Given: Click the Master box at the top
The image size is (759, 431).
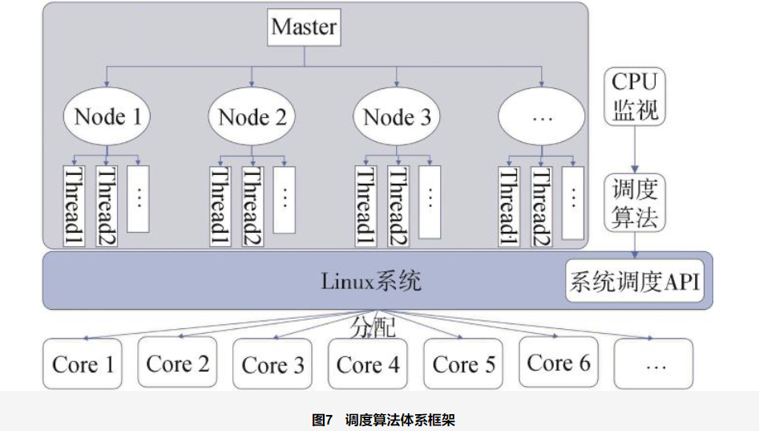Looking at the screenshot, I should coord(304,26).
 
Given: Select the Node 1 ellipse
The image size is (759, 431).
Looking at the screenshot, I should coord(107,118).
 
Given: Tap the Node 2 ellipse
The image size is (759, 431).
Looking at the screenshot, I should coord(252,118).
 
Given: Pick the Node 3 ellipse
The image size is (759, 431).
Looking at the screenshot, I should coord(397,118).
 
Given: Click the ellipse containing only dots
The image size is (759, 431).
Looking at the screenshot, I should coord(542,118).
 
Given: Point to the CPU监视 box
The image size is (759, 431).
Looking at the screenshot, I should coord(635,96).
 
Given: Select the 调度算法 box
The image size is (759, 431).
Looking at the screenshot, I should coord(635,203).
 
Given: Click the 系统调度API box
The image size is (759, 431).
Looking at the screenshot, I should coord(635,283).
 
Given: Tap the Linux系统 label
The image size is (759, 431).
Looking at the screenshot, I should coord(371,282).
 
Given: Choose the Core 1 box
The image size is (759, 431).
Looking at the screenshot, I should coord(83,364).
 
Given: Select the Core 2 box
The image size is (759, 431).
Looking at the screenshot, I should coord(177,364).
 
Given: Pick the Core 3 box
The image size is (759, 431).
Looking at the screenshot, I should coord(273,364).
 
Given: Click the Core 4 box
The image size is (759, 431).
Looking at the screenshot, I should coord(368,364).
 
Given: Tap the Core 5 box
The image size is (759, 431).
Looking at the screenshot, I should coord(463,364).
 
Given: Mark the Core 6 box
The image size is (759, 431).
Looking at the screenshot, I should coord(558,364).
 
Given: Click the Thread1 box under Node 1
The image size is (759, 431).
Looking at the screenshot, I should coord(75,206).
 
